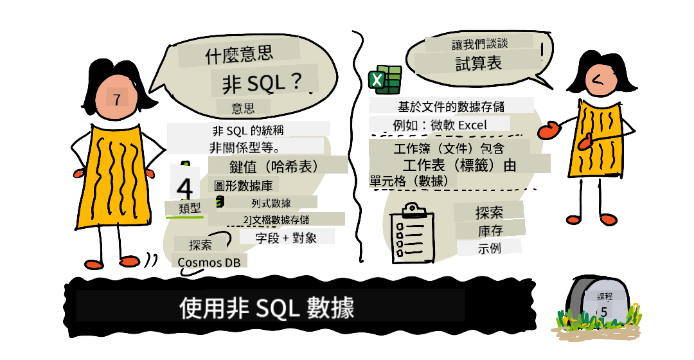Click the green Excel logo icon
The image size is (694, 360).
[x=385, y=80]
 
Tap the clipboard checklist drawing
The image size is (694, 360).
[x=411, y=233]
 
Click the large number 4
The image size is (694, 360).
[x=184, y=188]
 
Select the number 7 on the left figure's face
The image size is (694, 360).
[x=117, y=99]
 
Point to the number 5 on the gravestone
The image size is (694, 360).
[x=603, y=312]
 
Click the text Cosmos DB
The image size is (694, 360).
[x=209, y=262]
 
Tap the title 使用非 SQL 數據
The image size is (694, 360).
[x=267, y=307]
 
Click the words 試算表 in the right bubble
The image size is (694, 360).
[x=479, y=63]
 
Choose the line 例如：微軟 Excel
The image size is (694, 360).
[x=440, y=125]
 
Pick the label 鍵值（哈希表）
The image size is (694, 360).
[x=274, y=166]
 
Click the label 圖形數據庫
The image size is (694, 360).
[x=243, y=186]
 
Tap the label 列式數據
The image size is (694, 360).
[x=271, y=203]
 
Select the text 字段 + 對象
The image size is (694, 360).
[x=286, y=238]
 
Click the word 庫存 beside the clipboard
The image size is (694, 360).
[x=490, y=231]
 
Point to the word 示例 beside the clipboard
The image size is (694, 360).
[x=489, y=248]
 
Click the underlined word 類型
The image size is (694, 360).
[x=190, y=208]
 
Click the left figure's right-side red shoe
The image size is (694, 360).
[x=129, y=261]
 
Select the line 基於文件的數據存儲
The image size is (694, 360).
[x=451, y=106]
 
